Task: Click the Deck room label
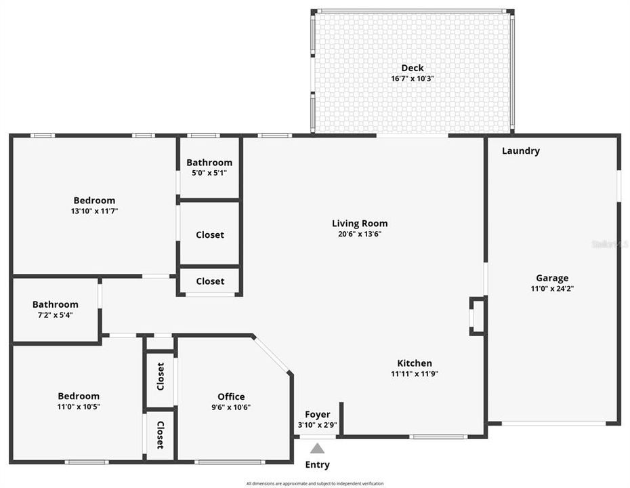click(x=412, y=68)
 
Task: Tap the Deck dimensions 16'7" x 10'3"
click(x=412, y=79)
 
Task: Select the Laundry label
click(x=520, y=151)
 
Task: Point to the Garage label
click(x=552, y=278)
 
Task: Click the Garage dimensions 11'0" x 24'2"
click(x=552, y=289)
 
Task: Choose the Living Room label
click(x=360, y=224)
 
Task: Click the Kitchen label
click(x=414, y=363)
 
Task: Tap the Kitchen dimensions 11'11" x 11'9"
click(x=414, y=374)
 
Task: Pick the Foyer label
click(x=317, y=415)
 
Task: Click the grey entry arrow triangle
click(x=317, y=448)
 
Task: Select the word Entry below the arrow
click(x=317, y=465)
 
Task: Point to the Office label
click(x=231, y=397)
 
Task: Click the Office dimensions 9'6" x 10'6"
click(x=231, y=407)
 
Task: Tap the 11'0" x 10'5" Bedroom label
click(x=79, y=396)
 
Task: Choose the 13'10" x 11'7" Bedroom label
click(x=94, y=201)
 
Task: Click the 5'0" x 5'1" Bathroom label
click(x=209, y=163)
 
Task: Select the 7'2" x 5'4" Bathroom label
click(x=55, y=305)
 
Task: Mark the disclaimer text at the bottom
click(x=315, y=483)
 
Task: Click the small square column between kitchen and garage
click(x=478, y=315)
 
